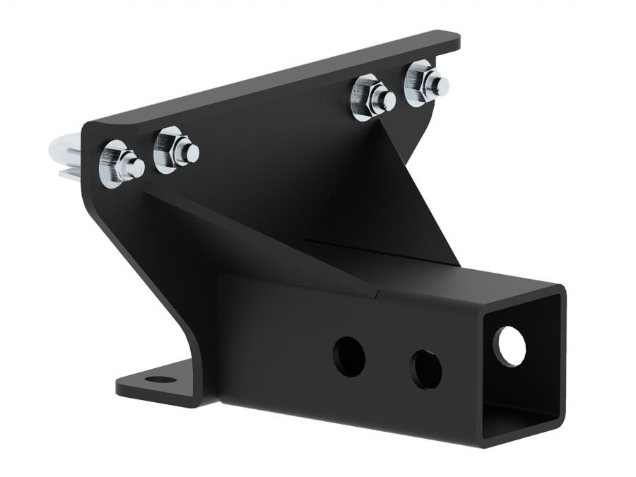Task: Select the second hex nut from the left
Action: click(x=170, y=149)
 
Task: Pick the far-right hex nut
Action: click(x=420, y=83)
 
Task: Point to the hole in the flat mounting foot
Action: click(x=162, y=379)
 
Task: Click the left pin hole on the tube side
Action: click(x=349, y=356)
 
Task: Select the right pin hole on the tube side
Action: click(x=426, y=368)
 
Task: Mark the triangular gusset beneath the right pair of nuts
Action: click(x=396, y=191)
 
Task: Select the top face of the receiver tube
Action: click(x=452, y=276)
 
